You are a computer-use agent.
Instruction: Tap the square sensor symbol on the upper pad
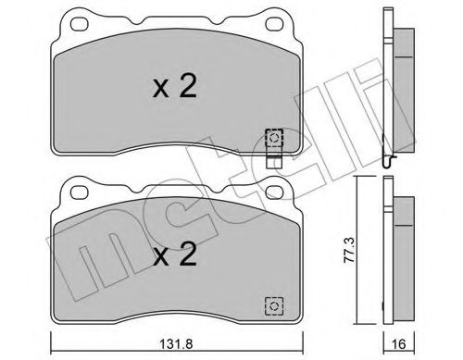click(x=274, y=136)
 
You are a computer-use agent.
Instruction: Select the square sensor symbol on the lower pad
click(x=274, y=302)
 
